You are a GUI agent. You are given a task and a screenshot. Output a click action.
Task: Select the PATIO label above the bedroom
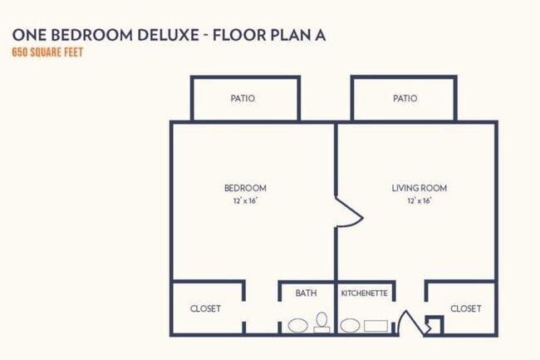[243, 98]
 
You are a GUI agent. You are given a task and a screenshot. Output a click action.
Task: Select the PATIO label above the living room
[405, 98]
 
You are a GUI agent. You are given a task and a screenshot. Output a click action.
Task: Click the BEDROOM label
[245, 188]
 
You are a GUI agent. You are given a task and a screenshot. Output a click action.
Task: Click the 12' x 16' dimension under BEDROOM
[245, 200]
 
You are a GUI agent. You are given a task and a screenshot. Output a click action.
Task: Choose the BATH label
[306, 293]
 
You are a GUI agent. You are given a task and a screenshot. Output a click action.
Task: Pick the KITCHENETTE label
[365, 293]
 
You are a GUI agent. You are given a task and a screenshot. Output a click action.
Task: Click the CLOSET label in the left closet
[205, 308]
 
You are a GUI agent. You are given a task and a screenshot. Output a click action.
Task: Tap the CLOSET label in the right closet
[465, 308]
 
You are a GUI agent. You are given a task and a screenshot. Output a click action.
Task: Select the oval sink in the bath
[297, 326]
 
